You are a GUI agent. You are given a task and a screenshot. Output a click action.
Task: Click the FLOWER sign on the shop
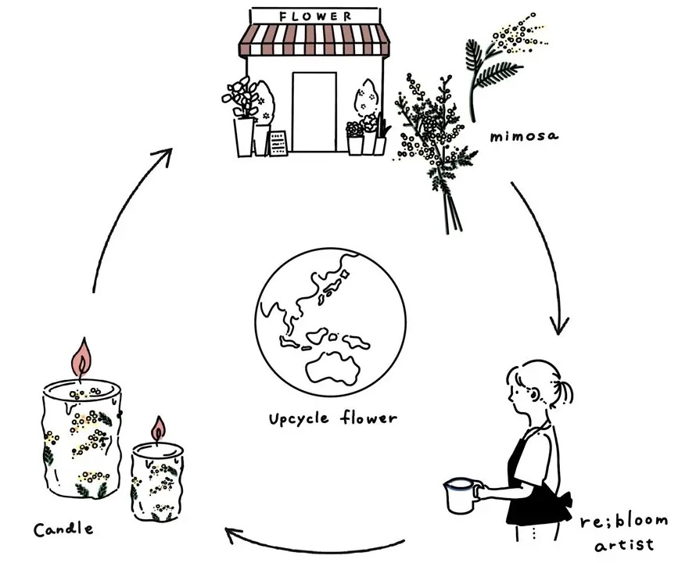(x=316, y=16)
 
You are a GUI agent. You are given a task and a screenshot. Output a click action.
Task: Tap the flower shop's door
(x=314, y=112)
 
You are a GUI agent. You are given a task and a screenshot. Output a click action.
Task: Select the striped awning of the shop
(x=314, y=40)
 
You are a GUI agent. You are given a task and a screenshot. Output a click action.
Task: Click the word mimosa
(x=524, y=135)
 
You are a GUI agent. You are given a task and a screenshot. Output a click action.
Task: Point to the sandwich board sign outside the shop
(x=278, y=143)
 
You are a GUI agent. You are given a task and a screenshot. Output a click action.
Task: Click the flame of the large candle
(x=81, y=357)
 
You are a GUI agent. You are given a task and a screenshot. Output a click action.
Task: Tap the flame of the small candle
(x=158, y=429)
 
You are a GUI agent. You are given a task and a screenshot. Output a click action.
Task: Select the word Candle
(x=63, y=529)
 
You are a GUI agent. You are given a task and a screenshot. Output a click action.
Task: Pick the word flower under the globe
(x=369, y=418)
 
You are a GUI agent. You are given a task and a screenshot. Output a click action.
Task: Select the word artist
(x=624, y=544)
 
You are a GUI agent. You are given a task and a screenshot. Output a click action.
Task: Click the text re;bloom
(x=623, y=522)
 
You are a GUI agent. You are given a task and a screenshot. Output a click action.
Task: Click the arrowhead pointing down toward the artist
(x=559, y=325)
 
